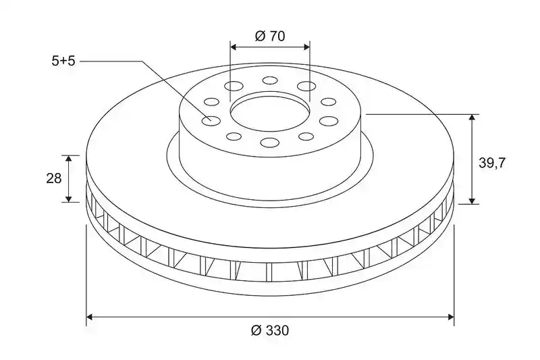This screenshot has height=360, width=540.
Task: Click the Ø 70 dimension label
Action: click(270, 36)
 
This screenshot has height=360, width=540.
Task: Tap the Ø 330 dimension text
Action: click(270, 331)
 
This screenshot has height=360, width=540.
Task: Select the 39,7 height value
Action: click(492, 163)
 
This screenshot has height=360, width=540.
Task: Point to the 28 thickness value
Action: click(54, 178)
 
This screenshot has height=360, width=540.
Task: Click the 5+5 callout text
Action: click(63, 61)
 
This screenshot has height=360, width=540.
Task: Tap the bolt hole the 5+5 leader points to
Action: click(211, 120)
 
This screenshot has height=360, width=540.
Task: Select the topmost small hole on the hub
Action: click(270, 80)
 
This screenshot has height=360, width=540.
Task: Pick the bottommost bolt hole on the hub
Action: click(270, 142)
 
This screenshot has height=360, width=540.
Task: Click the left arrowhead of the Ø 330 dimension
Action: click(90, 317)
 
